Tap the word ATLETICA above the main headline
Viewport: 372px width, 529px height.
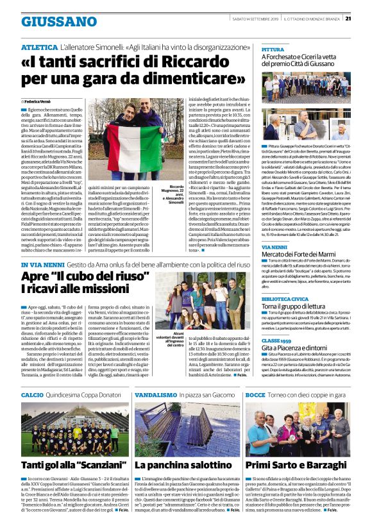click(39, 47)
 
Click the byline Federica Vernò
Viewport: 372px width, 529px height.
click(40, 101)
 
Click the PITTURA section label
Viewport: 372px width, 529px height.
click(273, 49)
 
